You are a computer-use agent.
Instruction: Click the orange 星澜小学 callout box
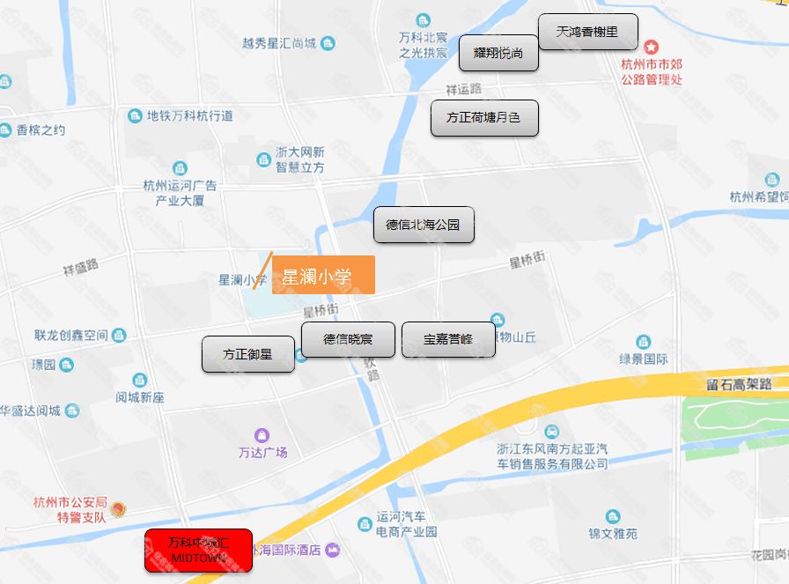click(323, 275)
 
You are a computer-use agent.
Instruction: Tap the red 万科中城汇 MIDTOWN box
click(199, 551)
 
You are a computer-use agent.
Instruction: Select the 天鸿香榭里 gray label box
click(587, 33)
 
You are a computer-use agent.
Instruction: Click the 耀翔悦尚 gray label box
click(498, 53)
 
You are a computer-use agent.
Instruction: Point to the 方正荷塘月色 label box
click(484, 118)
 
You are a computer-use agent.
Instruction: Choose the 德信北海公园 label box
click(423, 225)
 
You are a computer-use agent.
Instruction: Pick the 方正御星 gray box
click(247, 354)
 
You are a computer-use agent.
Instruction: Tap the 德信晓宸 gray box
click(348, 340)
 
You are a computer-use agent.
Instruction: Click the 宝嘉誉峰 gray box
click(448, 340)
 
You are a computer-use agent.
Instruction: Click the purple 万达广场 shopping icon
click(262, 435)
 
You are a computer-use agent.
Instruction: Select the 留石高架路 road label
click(738, 384)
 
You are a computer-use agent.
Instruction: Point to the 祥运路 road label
click(464, 89)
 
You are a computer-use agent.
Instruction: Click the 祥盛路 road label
click(81, 267)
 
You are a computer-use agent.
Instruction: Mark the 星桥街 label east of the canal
click(527, 261)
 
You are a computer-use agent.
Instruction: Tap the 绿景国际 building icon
click(643, 342)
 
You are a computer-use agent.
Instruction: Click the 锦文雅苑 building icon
click(613, 517)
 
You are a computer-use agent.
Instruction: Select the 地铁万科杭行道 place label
click(189, 115)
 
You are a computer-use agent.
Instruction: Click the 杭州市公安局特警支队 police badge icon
click(118, 509)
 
